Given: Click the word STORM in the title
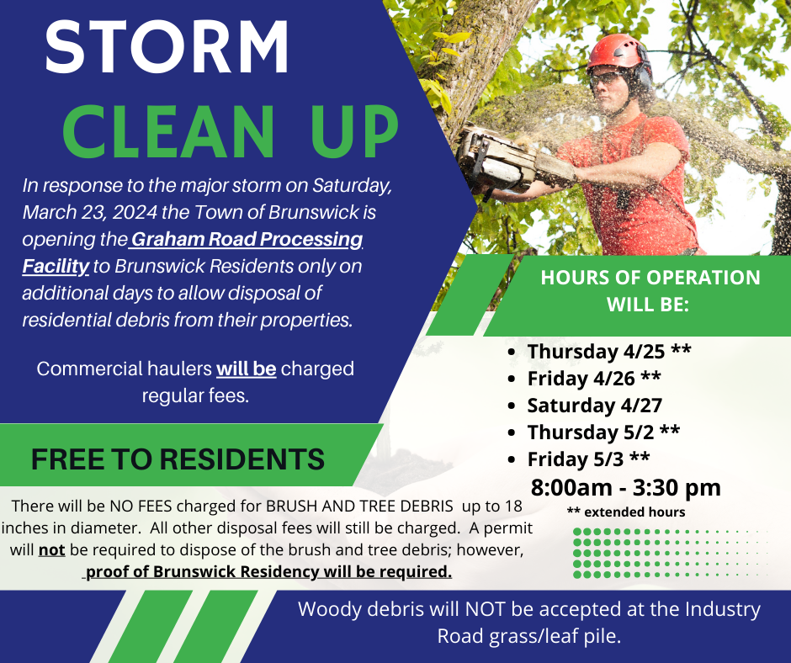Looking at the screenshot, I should (167, 48).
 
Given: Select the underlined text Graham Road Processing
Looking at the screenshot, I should (246, 240).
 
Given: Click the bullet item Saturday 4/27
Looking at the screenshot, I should (582, 406).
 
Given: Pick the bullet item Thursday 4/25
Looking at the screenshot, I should (609, 352).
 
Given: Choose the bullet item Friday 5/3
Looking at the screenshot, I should (588, 459).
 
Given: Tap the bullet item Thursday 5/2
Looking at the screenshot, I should (603, 432).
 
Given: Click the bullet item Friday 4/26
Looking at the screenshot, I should (594, 379).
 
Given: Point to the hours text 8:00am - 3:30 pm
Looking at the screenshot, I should (625, 487).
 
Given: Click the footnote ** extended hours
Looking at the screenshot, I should (625, 512).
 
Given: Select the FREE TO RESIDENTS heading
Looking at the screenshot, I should (178, 459).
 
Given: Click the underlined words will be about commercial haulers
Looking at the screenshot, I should (247, 369).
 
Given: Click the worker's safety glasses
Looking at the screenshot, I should (603, 77).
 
